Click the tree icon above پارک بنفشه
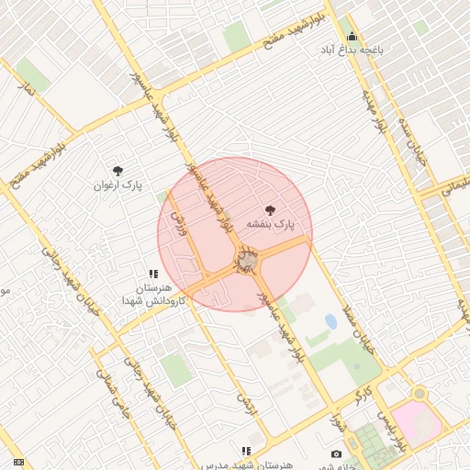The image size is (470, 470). click(269, 210)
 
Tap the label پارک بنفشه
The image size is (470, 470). click(272, 224)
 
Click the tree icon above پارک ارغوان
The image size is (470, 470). click(117, 171)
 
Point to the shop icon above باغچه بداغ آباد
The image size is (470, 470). click(352, 37)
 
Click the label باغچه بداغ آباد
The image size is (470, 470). click(352, 50)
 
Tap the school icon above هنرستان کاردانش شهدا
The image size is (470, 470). click(154, 274)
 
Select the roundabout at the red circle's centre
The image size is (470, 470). click(246, 264)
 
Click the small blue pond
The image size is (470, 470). click(330, 321)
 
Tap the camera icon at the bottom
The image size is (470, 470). click(336, 454)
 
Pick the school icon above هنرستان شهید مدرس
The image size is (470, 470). click(246, 451)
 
